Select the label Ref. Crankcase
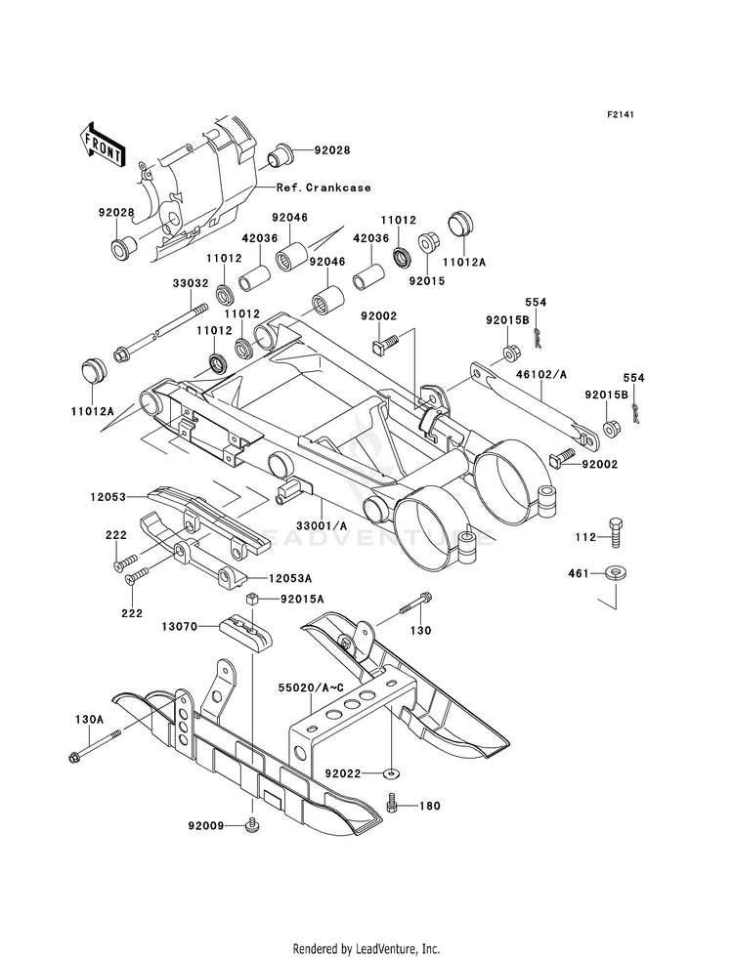(323, 187)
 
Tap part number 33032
(191, 283)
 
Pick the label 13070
(180, 626)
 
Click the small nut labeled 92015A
(250, 599)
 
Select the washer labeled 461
(615, 573)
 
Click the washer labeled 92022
(390, 773)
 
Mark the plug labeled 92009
(252, 825)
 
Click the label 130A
(89, 720)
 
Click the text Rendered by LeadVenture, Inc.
(366, 949)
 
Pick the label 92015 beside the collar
(427, 281)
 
